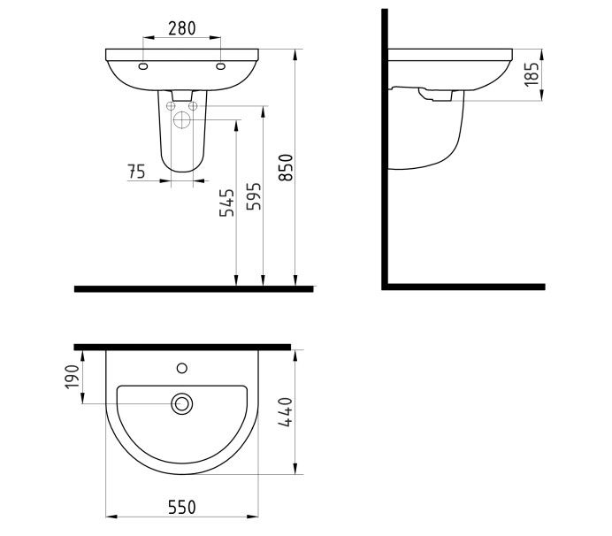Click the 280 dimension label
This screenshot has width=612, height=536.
click(182, 28)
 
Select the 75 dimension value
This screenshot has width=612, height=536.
click(137, 172)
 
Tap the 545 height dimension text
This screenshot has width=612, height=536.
click(227, 203)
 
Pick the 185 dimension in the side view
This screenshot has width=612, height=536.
click(531, 74)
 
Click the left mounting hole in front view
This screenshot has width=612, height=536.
click(143, 66)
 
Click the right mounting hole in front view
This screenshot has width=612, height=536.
click(220, 66)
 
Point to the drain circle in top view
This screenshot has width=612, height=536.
click(182, 404)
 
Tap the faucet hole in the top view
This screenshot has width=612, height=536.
click(182, 366)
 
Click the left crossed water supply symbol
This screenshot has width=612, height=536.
click(172, 107)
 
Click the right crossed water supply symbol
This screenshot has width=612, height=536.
click(192, 107)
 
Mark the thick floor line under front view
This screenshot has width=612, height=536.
click(194, 288)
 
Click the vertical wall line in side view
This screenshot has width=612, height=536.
click(385, 150)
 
